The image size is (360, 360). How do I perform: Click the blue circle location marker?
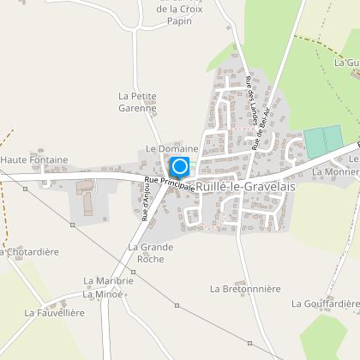click(x=180, y=166)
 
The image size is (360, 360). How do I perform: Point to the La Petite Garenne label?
click(x=137, y=103)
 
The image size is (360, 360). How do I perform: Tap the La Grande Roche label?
click(x=150, y=253)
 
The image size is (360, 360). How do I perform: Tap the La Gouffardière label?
click(x=325, y=303)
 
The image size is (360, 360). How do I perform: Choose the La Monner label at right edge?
click(x=335, y=171)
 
